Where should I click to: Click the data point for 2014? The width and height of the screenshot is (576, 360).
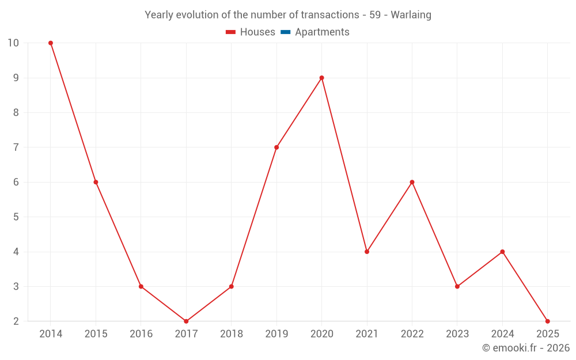51,43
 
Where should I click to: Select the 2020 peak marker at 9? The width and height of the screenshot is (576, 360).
321,78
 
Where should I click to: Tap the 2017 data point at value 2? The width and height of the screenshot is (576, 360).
186,321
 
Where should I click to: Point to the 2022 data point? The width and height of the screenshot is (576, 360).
412,182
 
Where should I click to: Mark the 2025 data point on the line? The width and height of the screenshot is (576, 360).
547,321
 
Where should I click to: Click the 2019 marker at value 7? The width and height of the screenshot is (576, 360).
276,147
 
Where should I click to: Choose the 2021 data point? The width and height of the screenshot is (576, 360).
367,252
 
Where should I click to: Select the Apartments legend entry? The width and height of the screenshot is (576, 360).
322,32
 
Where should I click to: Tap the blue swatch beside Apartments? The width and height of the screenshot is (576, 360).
285,32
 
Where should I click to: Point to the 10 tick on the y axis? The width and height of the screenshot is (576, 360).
13,43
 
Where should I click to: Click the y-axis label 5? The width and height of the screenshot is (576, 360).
16,217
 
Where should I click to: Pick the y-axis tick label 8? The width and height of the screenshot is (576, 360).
16,113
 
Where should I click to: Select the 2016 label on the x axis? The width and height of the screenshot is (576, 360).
141,334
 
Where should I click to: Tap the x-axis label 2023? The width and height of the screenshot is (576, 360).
457,334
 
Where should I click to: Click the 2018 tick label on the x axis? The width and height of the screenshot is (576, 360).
232,334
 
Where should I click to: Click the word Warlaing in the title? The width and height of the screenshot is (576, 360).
411,15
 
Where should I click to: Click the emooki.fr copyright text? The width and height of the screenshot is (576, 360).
526,348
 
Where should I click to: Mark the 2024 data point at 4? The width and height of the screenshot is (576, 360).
502,252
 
